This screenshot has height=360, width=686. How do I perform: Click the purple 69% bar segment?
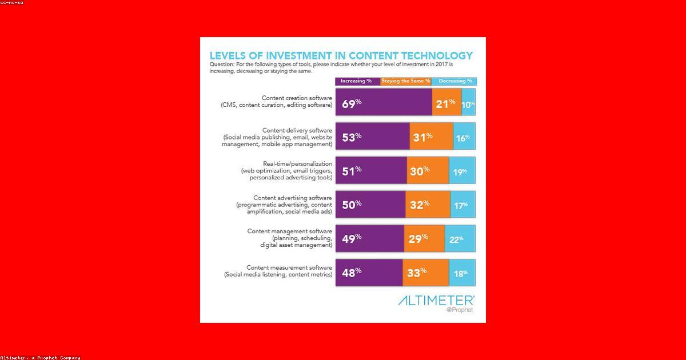coord(384,103)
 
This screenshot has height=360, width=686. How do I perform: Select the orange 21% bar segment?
coord(446,103)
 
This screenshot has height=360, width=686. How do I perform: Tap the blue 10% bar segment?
coord(468,103)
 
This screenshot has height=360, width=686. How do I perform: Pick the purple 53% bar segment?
coord(372,137)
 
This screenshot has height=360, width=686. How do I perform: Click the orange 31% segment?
coord(431,137)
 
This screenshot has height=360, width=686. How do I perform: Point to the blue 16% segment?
coord(464,137)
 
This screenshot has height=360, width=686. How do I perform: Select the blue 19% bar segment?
coord(462,171)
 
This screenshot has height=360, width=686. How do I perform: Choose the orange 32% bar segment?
coord(428,205)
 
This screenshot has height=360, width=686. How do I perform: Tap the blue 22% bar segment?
coord(460,239)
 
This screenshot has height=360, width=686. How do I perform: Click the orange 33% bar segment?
coord(425,273)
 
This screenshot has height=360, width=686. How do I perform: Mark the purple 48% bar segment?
coord(369,273)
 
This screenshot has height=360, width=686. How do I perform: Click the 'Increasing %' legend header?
coord(357,81)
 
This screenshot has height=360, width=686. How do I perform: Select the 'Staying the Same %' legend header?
coord(405,81)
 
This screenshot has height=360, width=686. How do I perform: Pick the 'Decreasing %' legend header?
coord(455,81)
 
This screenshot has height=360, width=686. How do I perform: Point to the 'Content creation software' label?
coord(297,98)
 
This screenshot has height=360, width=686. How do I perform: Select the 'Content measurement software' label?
coord(289,267)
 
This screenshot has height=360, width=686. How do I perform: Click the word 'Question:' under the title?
coord(222,65)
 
